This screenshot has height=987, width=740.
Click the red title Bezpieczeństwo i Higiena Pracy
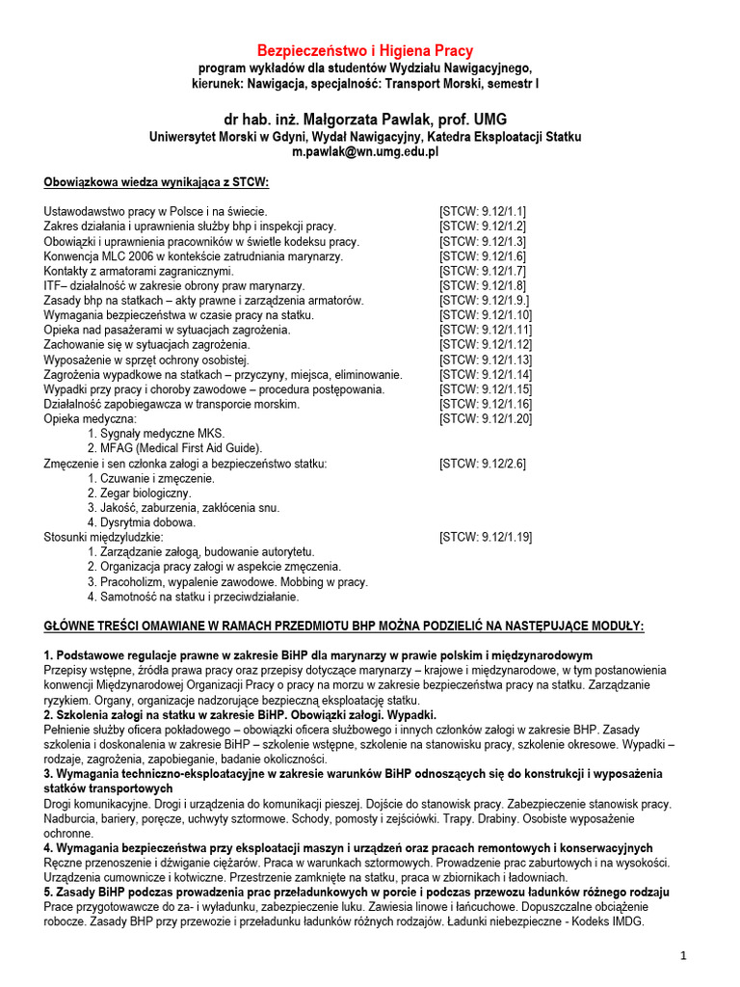364,50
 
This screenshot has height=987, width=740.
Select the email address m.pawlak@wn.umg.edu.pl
364,151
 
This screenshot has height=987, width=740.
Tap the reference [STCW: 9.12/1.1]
482,211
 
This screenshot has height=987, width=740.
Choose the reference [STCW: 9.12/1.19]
486,537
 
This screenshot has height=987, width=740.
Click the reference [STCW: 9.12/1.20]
486,419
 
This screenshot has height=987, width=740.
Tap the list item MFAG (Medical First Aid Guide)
174,448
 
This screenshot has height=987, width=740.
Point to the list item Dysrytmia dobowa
142,522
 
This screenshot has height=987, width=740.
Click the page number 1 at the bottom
682,956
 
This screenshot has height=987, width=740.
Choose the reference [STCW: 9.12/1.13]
486,360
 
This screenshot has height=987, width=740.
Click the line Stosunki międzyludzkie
104,537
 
